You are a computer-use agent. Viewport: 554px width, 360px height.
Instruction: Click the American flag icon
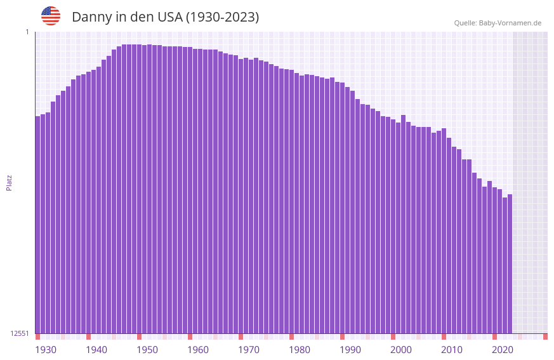pos(51,16)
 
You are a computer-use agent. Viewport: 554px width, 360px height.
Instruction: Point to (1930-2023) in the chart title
pos(222,17)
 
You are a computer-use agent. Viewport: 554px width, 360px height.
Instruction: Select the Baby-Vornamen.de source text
pos(498,23)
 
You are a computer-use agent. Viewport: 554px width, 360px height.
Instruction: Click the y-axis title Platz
pos(9,182)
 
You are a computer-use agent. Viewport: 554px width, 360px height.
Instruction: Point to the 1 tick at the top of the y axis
pos(27,32)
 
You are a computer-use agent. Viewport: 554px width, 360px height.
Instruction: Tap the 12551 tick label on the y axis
pos(20,333)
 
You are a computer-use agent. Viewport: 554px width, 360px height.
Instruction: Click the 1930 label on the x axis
pos(46,350)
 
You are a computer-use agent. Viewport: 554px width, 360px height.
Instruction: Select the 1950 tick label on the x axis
pos(147,350)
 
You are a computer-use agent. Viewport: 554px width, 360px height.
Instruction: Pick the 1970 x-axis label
pos(249,350)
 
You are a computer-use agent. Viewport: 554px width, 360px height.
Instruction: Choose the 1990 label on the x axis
pos(350,350)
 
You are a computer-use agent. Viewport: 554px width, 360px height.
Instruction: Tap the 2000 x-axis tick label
pos(401,350)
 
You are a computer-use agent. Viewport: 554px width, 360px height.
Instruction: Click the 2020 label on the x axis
pos(503,350)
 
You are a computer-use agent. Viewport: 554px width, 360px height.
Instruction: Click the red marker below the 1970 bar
pos(241,337)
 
